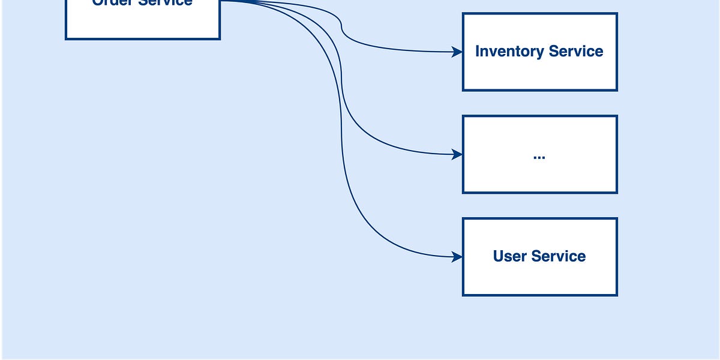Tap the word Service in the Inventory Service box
[574, 52]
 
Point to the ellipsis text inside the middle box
[539, 157]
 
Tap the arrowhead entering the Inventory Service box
[458, 52]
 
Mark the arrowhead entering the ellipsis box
[458, 155]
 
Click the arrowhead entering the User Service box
[458, 257]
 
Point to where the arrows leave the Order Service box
[221, 1]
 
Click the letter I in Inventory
[478, 52]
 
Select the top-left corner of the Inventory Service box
[463, 14]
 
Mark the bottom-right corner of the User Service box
[617, 295]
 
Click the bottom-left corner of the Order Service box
[66, 39]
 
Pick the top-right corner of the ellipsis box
[617, 116]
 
